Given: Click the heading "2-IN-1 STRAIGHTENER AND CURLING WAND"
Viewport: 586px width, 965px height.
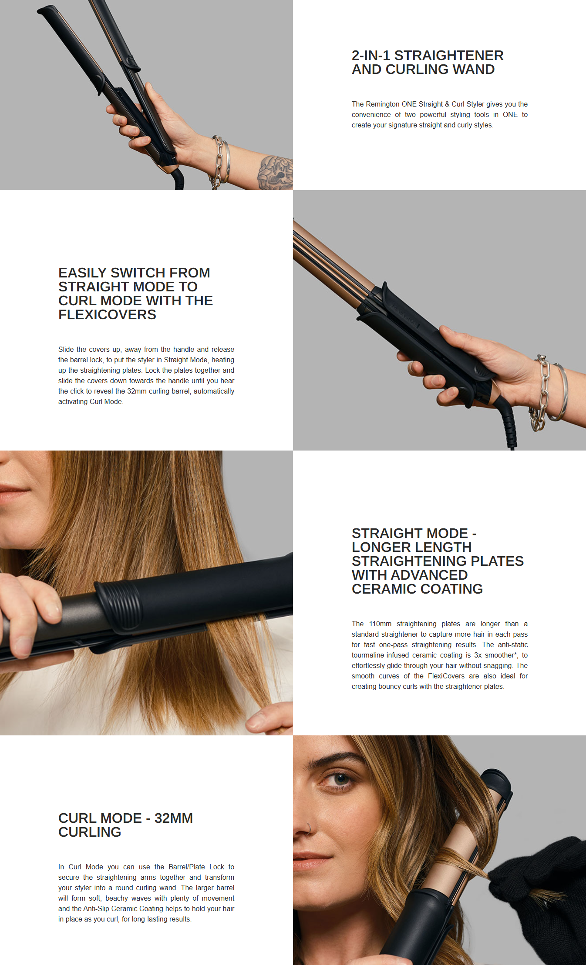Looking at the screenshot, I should (427, 62).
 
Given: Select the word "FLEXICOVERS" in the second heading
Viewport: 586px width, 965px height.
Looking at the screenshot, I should (107, 314).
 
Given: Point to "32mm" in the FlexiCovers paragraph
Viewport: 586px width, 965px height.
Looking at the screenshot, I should (137, 391).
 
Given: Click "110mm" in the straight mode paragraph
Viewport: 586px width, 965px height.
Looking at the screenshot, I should (380, 624).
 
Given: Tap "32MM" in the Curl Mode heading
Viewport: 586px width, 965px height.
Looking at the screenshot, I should (173, 818).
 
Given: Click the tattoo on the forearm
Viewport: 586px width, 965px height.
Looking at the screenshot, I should (275, 172).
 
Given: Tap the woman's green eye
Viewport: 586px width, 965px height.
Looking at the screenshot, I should (340, 779).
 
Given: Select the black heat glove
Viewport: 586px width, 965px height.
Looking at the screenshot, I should (544, 892).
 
